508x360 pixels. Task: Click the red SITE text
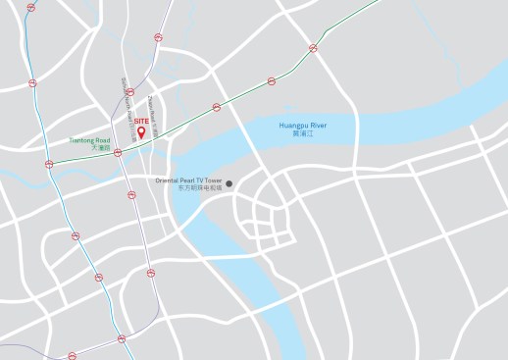tap(140, 120)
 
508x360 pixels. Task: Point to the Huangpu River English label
tap(302, 126)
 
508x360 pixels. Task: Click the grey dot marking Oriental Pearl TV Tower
tap(229, 182)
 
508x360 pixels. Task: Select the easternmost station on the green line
tap(314, 46)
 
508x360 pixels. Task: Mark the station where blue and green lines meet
tap(48, 163)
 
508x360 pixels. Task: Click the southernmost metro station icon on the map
tap(72, 356)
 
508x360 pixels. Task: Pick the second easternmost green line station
tap(271, 81)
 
